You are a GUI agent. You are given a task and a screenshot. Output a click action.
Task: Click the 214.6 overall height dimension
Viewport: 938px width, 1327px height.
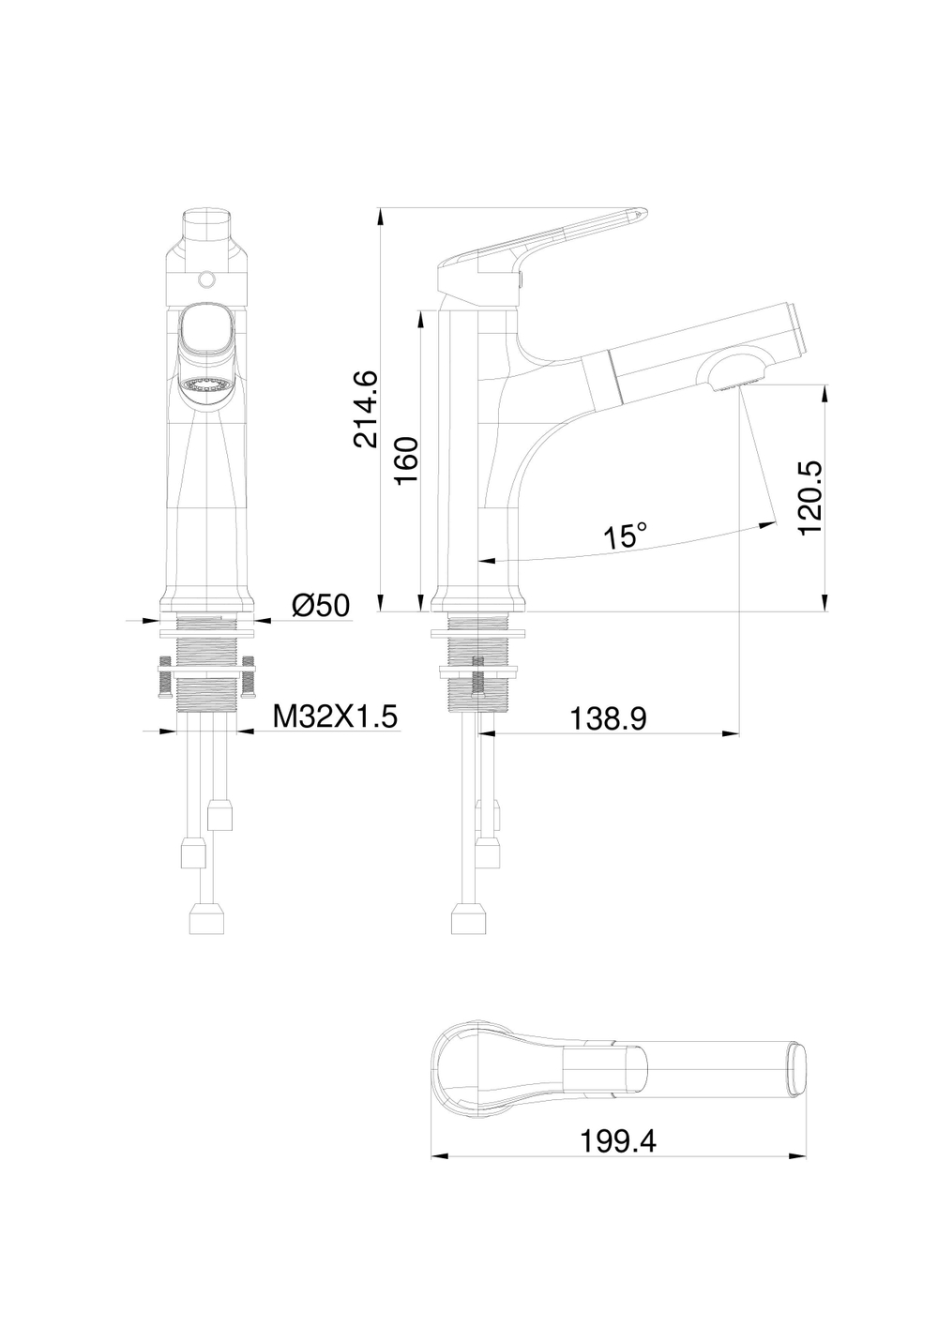[x=365, y=410]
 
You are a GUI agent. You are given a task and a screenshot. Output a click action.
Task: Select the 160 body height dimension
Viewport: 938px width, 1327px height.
[x=406, y=460]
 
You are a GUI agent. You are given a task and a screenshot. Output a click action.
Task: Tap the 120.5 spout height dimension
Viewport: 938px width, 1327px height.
[x=809, y=498]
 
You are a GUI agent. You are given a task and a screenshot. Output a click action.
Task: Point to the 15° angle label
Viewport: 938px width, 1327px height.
[x=625, y=537]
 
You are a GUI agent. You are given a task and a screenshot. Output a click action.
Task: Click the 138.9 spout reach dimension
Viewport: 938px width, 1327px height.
[x=608, y=719]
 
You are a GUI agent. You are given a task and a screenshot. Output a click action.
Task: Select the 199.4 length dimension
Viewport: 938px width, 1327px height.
[x=618, y=1141]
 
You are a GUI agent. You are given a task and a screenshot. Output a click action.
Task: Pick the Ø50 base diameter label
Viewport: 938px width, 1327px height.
[x=320, y=605]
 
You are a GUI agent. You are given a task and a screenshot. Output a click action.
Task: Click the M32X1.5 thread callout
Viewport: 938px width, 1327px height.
[x=335, y=716]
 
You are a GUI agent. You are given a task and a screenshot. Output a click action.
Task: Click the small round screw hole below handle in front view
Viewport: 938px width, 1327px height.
[x=206, y=279]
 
